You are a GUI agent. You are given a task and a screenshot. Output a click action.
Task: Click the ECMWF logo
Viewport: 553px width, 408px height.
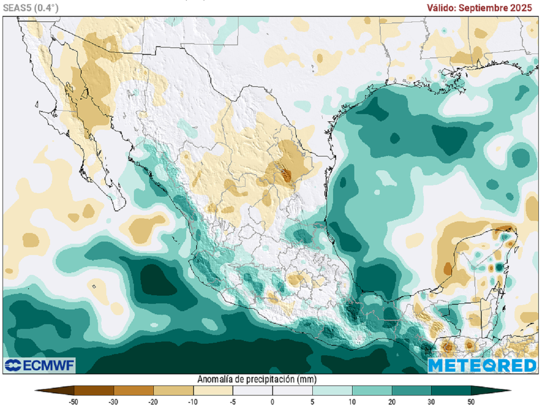pos(39,365)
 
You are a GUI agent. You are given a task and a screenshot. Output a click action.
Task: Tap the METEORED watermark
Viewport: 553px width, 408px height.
pos(482,365)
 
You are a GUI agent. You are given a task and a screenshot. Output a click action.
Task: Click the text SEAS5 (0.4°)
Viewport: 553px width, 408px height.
pos(30,7)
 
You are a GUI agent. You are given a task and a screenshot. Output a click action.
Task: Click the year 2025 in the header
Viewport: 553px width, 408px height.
pos(520,8)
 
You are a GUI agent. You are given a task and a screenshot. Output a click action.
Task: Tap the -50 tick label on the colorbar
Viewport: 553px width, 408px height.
pos(73,402)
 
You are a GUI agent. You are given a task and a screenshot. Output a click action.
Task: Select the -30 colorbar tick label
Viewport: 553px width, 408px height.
pos(113,402)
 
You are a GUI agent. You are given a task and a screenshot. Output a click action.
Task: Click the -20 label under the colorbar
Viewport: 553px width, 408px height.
pos(153,402)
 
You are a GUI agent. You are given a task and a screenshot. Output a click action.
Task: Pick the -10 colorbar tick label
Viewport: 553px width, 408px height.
pos(193,402)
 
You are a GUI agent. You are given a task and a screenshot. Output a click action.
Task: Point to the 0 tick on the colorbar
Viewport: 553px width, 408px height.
pos(273,402)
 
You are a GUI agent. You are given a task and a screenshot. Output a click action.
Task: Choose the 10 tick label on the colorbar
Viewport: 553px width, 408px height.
pos(352,402)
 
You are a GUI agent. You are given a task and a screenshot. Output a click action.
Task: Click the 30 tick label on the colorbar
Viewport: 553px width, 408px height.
pos(431,402)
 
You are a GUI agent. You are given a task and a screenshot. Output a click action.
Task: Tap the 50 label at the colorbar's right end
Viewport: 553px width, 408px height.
pos(471,402)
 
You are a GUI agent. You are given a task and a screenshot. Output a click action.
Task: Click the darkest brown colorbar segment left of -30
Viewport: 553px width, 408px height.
pos(93,390)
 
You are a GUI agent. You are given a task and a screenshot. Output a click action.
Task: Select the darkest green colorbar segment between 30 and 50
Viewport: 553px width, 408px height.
pos(451,390)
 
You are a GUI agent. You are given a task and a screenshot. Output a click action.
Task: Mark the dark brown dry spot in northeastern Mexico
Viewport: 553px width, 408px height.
pos(286,174)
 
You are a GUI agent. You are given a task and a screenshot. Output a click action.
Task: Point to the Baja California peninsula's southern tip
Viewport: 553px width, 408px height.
pos(120,207)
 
